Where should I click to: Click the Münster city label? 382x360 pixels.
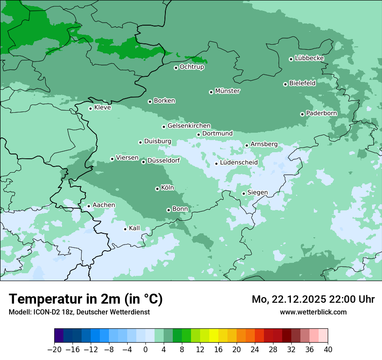pos(227,91)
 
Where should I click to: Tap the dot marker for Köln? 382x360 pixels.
pos(157,189)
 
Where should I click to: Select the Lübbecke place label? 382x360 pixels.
pos(309,58)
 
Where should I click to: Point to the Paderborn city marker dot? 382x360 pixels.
pos(302,114)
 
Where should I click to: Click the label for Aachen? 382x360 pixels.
pos(104,205)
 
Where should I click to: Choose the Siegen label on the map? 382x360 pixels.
pos(257,193)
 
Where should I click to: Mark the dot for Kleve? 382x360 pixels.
pos(90,108)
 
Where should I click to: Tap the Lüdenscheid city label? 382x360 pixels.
pos(239,163)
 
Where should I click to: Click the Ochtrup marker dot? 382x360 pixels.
pos(176,67)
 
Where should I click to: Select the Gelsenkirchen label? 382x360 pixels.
pos(189,126)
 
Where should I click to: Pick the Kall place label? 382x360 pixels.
pos(135,228)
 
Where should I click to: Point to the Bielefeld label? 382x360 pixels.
pos(302,83)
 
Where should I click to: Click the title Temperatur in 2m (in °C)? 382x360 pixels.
pos(86,299)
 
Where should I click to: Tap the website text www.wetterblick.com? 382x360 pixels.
pos(313,312)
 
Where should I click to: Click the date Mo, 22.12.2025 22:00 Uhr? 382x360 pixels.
pos(313,299)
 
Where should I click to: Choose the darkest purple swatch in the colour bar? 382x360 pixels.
pos(59,336)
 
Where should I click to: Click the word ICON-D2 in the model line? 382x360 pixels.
pos(45,312)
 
